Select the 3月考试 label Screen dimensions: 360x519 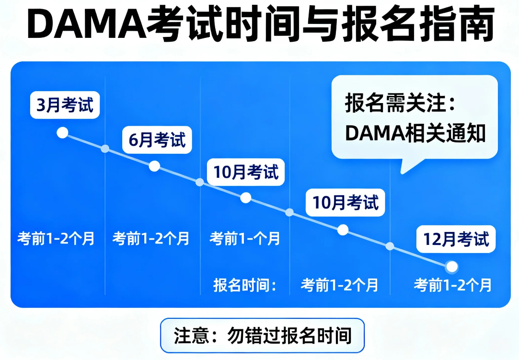(65, 105)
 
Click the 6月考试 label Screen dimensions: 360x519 (157, 140)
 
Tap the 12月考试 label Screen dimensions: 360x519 (456, 239)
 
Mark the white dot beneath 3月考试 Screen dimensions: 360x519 (62, 133)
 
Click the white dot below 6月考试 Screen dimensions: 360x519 (154, 166)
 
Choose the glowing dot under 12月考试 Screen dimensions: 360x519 (451, 267)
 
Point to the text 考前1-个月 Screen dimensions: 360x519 (245, 238)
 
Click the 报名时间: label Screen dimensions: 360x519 (245, 285)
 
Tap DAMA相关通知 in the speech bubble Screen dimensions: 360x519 (415, 133)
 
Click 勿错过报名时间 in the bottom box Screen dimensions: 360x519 (289, 336)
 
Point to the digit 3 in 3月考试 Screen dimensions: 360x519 (41, 105)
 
